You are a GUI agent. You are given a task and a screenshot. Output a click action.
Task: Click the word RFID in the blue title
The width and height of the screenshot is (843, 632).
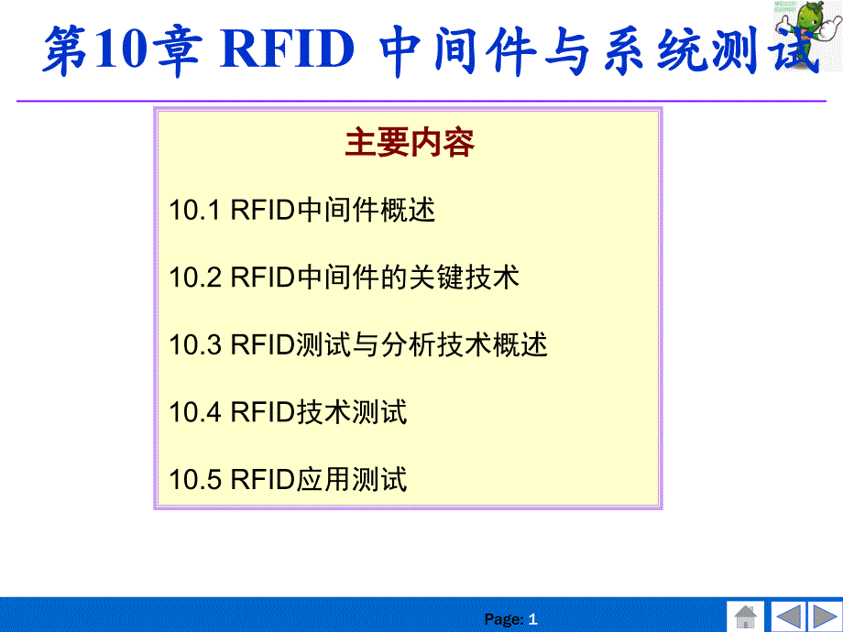click(287, 49)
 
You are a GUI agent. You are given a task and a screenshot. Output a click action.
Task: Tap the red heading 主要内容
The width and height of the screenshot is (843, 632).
click(410, 142)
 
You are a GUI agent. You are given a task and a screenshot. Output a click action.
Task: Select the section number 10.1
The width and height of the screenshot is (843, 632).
click(194, 210)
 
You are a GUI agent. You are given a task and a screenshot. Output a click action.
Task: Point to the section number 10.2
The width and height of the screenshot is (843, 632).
click(194, 278)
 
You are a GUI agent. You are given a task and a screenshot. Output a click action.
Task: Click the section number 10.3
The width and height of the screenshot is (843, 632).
click(194, 344)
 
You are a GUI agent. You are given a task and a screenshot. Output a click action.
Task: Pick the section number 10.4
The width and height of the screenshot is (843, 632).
click(194, 412)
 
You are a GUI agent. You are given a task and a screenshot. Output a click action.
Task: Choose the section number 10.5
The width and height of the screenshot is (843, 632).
click(194, 479)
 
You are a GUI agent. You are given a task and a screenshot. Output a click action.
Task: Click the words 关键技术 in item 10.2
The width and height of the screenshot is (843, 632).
click(465, 278)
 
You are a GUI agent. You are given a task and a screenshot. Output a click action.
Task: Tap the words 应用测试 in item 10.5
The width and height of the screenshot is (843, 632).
click(352, 479)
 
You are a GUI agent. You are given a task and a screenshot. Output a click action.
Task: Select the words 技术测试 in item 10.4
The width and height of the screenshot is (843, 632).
click(352, 412)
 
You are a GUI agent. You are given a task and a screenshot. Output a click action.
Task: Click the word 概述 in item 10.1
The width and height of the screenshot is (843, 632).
click(408, 210)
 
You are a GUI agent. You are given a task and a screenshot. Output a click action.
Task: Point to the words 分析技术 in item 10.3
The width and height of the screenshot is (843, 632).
click(436, 344)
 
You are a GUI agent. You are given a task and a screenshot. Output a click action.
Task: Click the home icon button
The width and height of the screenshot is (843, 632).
click(745, 616)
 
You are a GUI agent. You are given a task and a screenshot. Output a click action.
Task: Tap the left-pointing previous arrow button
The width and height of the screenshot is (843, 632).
click(788, 616)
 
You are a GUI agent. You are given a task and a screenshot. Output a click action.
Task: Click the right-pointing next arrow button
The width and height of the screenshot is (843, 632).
click(825, 616)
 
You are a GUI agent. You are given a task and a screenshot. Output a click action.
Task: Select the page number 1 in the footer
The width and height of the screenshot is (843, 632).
click(532, 619)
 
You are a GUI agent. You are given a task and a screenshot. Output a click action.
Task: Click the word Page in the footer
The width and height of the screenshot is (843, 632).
click(504, 620)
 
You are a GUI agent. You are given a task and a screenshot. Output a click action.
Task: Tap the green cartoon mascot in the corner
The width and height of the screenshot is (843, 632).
click(807, 33)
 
